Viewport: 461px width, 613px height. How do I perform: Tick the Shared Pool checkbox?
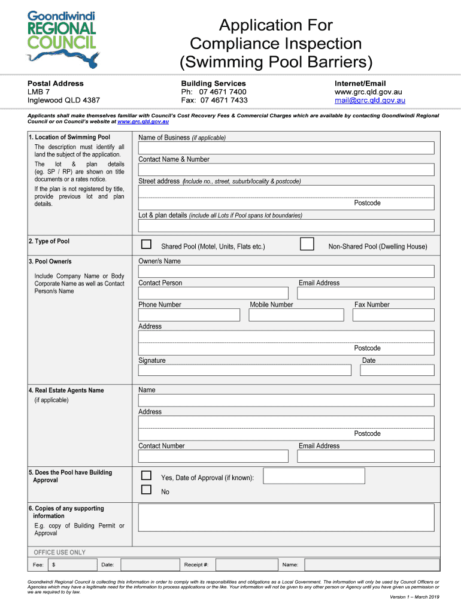(146, 244)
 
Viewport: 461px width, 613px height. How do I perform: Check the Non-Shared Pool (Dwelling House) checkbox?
(307, 244)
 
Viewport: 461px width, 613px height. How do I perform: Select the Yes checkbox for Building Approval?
(146, 475)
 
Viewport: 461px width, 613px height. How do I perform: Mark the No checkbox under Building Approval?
(146, 490)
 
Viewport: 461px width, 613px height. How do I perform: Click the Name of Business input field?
(286, 148)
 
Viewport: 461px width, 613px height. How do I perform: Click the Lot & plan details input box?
(286, 226)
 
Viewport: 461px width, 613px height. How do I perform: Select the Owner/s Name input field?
(286, 271)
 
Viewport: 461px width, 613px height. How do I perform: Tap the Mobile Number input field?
(297, 315)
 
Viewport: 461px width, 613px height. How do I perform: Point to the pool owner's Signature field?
(244, 370)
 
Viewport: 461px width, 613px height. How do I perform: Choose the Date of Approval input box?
(314, 476)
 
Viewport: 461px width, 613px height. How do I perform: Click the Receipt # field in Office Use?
(246, 565)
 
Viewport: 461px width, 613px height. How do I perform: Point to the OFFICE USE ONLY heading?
(60, 553)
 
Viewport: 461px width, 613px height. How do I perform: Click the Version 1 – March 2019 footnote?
(414, 597)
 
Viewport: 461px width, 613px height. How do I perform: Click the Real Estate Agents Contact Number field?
(213, 456)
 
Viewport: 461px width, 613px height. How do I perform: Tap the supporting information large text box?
(286, 517)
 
